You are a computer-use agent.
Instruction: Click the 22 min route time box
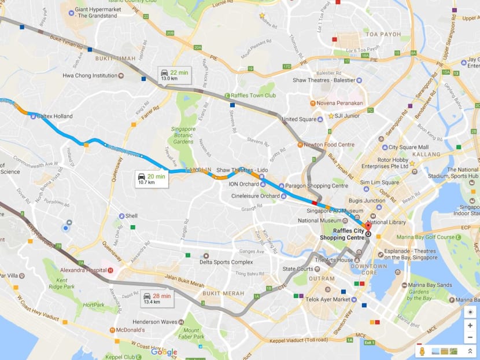pyautogui.click(x=174, y=75)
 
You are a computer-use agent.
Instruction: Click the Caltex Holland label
pyautogui.click(x=54, y=116)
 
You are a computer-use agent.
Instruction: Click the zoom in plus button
pyautogui.click(x=470, y=325)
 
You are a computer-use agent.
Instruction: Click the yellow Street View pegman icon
pyautogui.click(x=423, y=351)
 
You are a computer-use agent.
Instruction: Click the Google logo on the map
pyautogui.click(x=164, y=352)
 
